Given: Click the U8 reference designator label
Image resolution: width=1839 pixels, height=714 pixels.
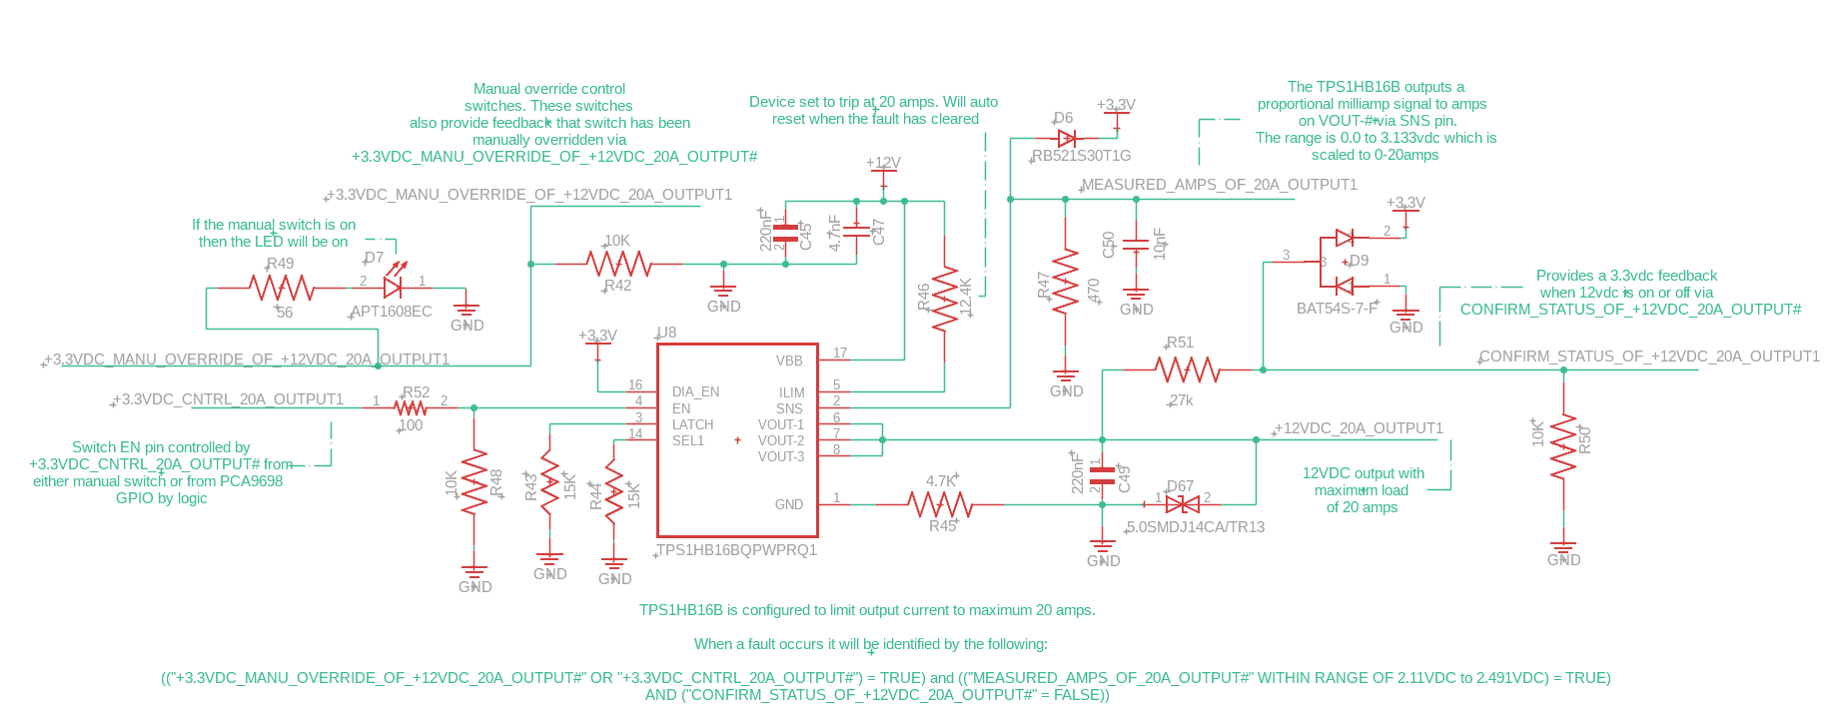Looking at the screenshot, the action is pos(666,333).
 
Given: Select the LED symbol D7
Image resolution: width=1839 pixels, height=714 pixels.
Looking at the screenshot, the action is pos(393,287).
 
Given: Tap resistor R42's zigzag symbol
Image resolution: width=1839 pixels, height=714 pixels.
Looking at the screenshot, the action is pos(619,264).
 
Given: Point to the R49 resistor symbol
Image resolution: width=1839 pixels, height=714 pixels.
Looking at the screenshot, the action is pos(283,288).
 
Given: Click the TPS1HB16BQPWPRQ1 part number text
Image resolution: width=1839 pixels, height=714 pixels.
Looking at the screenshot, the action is pos(737,550).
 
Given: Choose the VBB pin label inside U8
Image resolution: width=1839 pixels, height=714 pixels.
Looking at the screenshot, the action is pos(789,360).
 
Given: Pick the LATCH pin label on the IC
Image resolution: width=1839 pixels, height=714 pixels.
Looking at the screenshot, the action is pos(692,424).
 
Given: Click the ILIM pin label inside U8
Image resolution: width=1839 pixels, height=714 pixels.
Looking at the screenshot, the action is pos(791,392).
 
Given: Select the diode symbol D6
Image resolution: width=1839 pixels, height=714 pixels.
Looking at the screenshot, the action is pos(1067,138).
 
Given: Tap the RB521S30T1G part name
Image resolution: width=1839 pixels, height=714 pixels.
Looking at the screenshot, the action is pos(1082,156).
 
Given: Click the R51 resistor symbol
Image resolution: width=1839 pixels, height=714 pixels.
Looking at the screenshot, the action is pos(1188,369).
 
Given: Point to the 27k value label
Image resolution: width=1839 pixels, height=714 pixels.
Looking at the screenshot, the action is pos(1182,400).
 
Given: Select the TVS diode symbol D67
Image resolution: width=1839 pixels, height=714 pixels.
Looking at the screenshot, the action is pos(1183,504).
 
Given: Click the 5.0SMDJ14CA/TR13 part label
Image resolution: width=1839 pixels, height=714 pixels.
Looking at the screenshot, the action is pos(1196,527).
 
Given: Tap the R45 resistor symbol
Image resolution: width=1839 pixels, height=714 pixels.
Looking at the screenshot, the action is pos(940,504).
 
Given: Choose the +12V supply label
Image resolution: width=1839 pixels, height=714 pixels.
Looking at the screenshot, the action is pos(883,162).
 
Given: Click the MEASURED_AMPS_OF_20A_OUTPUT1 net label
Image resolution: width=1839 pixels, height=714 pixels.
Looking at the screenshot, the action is pos(1220,185).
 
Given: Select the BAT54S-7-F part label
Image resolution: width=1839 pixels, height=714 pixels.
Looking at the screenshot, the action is pos(1338,309).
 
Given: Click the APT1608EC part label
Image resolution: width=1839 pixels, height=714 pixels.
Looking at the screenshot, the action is pos(392,312).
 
